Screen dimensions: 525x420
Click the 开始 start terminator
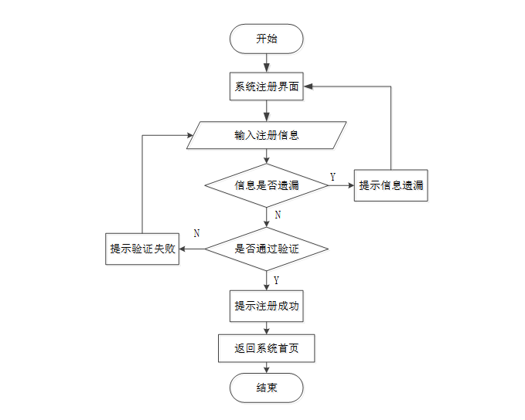coord(267,39)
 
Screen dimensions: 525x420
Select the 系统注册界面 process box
coord(267,86)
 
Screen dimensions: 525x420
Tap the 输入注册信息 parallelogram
coord(267,135)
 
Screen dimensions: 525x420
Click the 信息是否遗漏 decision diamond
coord(267,185)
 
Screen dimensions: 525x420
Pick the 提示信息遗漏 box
coord(391,185)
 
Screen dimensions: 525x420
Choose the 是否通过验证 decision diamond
coord(267,249)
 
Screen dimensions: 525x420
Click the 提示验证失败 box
coord(142,249)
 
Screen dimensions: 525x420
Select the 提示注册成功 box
coord(267,306)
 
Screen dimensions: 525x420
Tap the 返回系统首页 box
coord(267,348)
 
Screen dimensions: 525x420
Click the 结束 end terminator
coord(267,388)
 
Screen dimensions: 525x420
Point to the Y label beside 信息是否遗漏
coord(332,177)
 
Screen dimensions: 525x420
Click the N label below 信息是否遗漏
coord(278,215)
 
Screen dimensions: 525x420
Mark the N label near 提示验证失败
coord(197,233)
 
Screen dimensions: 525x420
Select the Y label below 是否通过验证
coord(276,280)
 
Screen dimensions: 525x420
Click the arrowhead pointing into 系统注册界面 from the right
coord(308,86)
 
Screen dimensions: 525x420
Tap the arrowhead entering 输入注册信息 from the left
coord(190,135)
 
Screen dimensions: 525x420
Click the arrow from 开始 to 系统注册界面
coord(267,63)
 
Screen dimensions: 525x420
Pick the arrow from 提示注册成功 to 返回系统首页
coord(267,328)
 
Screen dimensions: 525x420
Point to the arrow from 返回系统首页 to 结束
coord(267,367)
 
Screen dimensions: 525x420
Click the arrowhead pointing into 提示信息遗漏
coord(351,185)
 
